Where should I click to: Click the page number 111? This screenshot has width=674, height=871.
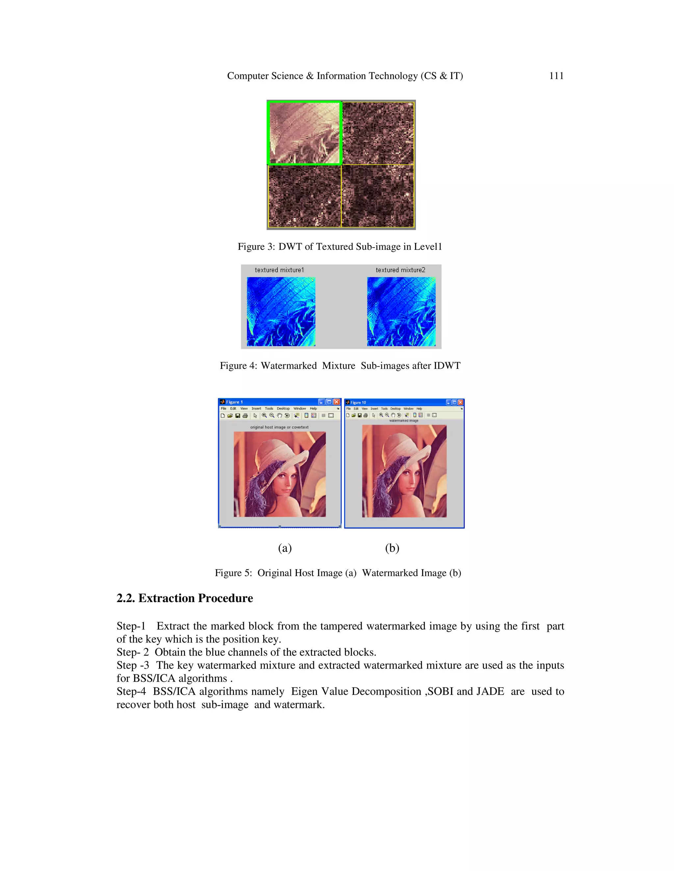tap(556, 76)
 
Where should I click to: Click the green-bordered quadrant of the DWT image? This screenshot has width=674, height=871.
tap(304, 133)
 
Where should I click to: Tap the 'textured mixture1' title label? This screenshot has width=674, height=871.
tap(279, 270)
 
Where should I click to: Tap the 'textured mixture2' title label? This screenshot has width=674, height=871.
tap(400, 270)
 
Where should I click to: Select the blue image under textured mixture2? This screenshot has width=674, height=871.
tap(401, 312)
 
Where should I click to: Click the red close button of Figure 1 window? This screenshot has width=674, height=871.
tap(337, 402)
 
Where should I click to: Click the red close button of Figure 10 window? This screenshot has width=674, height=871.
tap(460, 402)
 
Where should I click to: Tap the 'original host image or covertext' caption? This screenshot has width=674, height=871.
tap(279, 427)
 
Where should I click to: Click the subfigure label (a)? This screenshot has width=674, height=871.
tap(285, 548)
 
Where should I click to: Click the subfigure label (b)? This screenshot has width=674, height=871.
tap(392, 548)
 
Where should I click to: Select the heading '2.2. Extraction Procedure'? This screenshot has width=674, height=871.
tap(185, 598)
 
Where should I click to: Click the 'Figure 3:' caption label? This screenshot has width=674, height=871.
tap(256, 247)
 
